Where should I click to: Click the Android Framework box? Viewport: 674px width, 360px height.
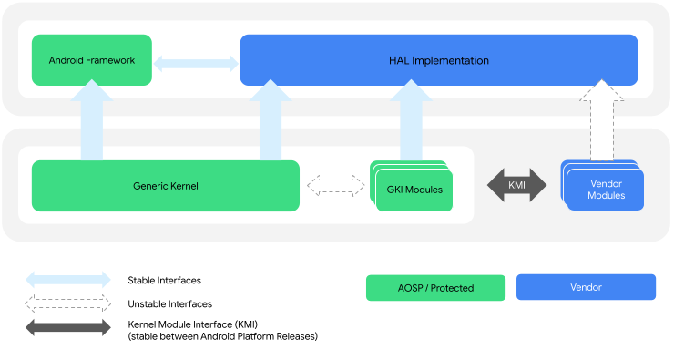(91, 60)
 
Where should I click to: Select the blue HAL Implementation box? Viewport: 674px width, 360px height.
(438, 60)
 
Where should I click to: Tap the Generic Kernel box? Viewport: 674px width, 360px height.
(165, 186)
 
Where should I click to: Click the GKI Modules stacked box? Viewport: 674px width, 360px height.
(414, 190)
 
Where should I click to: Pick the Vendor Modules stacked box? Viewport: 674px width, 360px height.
(605, 190)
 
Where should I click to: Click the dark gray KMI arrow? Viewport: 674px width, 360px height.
(516, 185)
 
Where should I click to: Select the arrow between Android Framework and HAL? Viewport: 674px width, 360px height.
(195, 63)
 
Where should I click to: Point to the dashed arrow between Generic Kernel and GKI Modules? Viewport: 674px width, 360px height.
(335, 186)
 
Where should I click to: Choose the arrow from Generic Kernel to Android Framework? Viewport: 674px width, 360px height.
(92, 120)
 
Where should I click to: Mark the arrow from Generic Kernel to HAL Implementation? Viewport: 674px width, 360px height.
(271, 120)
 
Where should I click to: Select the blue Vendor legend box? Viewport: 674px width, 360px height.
(586, 287)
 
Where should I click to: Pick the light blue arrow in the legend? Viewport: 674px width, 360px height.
(67, 279)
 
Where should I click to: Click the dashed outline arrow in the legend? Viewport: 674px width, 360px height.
(67, 303)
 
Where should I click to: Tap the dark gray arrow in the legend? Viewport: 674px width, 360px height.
(67, 327)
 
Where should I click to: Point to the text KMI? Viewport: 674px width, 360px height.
(516, 185)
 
